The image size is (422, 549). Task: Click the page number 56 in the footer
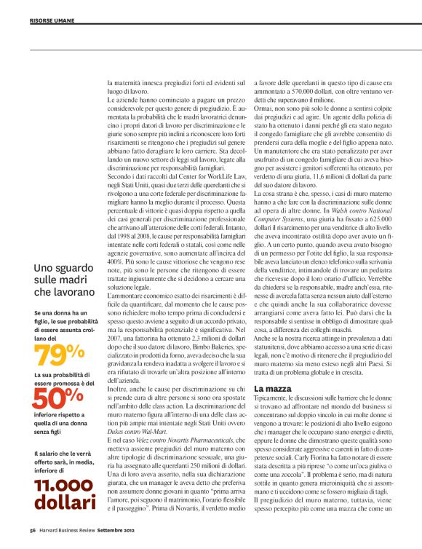tap(33, 529)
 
